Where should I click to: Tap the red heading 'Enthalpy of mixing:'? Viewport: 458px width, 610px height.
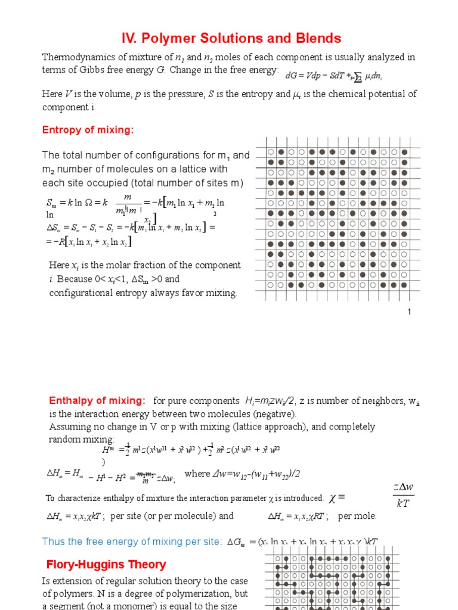tap(97, 400)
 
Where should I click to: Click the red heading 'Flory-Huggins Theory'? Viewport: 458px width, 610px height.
tap(106, 564)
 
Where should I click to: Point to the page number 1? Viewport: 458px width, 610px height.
tap(410, 312)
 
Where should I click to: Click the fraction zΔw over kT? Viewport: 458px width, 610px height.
tap(403, 496)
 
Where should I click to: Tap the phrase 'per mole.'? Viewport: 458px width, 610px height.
tap(357, 516)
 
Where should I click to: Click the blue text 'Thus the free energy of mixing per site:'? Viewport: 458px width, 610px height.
tap(132, 541)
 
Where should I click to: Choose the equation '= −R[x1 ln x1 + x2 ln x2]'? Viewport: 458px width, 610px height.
tap(89, 241)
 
